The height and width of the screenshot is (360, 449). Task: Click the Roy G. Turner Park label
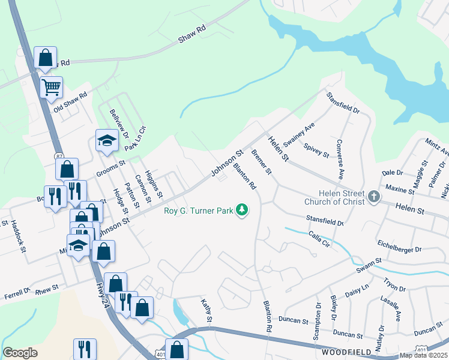(198, 210)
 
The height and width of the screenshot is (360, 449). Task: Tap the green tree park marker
(242, 209)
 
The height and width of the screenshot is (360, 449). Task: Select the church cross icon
(373, 196)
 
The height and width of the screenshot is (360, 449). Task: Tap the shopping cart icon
(51, 86)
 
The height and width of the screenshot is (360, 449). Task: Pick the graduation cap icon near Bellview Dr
(107, 141)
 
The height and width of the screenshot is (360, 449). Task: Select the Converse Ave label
(340, 160)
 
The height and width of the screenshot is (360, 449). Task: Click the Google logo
(20, 353)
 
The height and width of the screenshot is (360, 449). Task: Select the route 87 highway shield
(59, 156)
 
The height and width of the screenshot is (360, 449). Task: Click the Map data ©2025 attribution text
(423, 355)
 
